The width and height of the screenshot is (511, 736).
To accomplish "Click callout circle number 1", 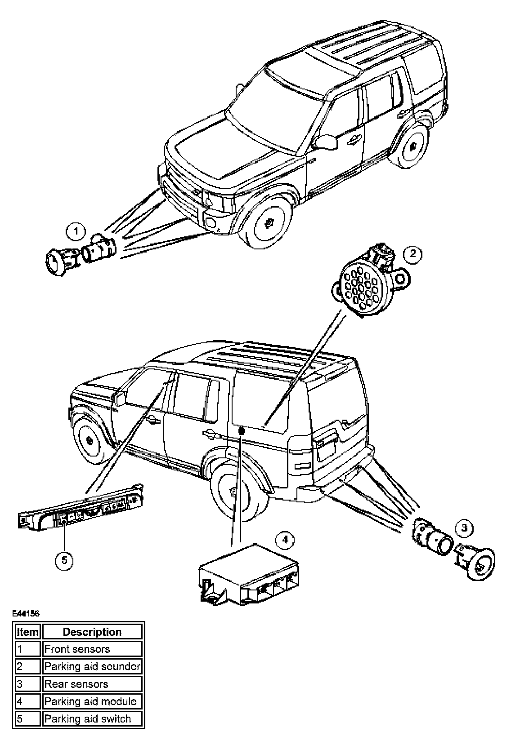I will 76,232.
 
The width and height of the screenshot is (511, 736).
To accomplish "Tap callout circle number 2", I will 412,255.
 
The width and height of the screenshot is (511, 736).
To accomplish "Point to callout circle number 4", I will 284,541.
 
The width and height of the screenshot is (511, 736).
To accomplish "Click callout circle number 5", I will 64,560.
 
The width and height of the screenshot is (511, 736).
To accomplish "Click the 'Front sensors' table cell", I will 92,649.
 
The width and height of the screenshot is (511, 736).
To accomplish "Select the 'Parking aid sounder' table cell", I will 92,666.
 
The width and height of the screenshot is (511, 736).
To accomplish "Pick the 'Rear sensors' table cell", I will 92,684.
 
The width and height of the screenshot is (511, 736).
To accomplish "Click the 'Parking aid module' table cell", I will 92,701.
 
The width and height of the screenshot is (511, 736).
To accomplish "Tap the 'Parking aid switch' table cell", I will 92,718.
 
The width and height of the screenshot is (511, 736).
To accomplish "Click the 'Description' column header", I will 92,632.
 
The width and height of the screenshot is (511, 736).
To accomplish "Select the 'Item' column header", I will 27,632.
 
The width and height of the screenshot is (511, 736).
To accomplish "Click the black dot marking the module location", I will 241,430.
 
